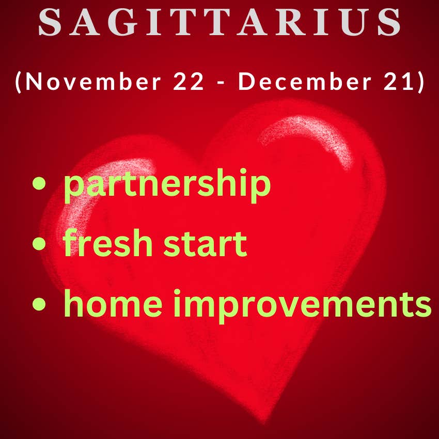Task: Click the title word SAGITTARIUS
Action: coord(219,22)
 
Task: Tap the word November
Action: coord(93,81)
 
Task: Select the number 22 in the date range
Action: coord(188,81)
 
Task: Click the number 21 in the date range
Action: coord(398,81)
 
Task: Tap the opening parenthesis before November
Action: coord(18,82)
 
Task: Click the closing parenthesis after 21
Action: coord(421,82)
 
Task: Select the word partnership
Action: coord(167,185)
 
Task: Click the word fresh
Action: coord(107,242)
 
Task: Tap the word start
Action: coord(205,244)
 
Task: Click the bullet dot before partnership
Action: coord(39,183)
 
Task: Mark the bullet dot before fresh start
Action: coord(39,243)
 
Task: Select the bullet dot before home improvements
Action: coord(39,304)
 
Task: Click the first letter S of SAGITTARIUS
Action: coord(50,22)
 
